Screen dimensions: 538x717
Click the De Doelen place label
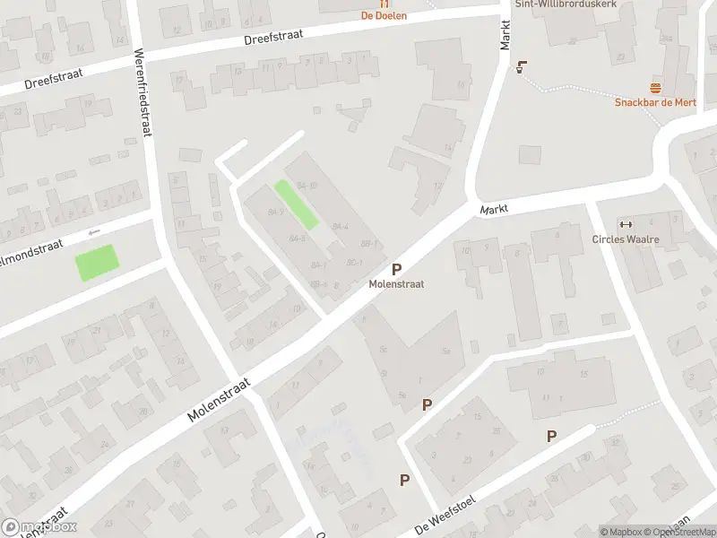click(384, 15)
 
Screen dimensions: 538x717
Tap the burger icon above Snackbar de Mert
click(658, 88)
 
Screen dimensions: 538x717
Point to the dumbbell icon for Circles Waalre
click(626, 224)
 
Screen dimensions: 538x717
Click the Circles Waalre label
click(626, 239)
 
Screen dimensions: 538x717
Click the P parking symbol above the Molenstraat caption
click(396, 269)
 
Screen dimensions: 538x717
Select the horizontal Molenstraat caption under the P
click(396, 284)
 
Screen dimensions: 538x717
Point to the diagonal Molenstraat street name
click(219, 400)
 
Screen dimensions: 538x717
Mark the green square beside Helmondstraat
click(97, 263)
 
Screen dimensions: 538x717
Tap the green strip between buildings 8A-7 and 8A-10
click(297, 204)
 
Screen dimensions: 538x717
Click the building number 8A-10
click(307, 186)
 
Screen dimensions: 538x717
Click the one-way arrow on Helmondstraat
click(94, 233)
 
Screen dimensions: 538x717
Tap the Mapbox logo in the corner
click(39, 527)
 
